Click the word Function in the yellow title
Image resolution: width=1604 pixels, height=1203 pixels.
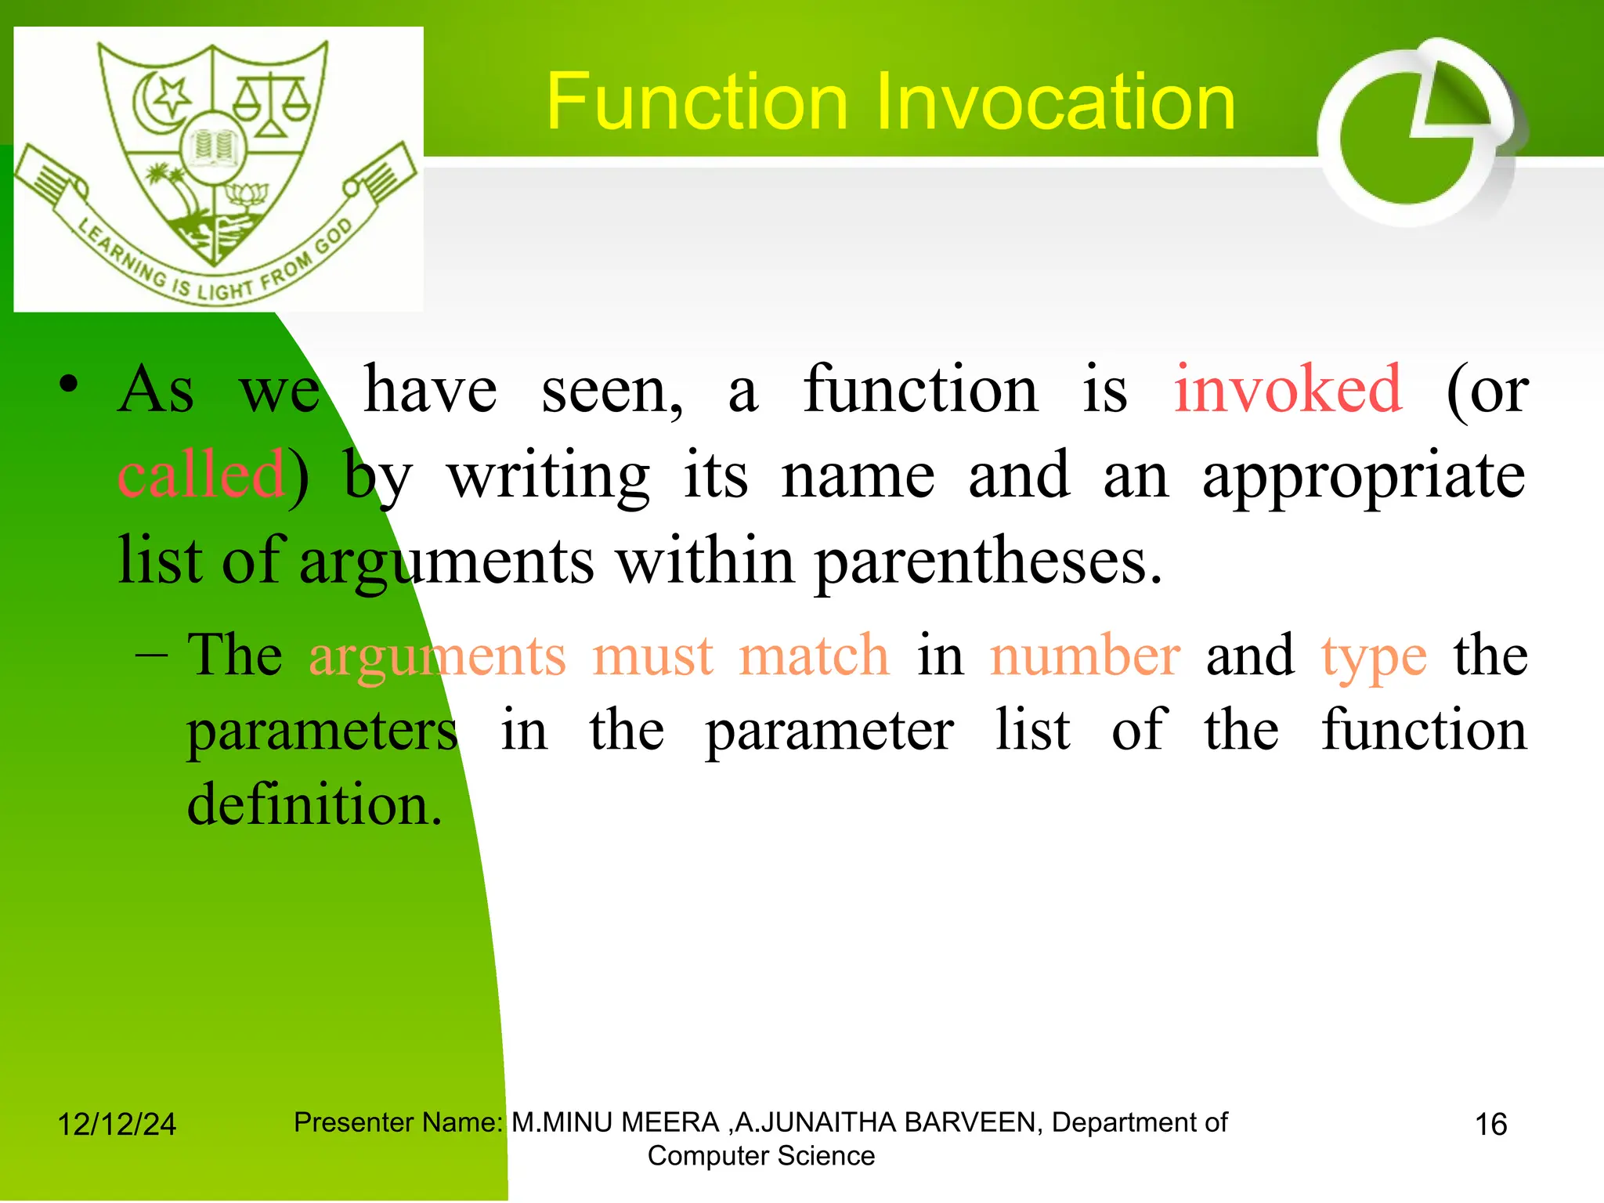tap(697, 102)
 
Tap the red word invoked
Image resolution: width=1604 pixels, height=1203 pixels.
tap(1288, 389)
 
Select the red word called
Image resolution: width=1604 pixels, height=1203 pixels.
tap(200, 475)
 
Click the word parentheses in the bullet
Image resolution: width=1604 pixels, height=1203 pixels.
tap(988, 562)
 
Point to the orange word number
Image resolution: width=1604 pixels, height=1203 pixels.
tap(1085, 656)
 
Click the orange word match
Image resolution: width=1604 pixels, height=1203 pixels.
tap(814, 656)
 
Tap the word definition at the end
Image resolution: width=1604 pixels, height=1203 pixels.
tap(314, 804)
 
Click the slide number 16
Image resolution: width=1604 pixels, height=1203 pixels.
tap(1490, 1125)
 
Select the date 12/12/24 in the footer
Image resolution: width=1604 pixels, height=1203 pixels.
tap(117, 1125)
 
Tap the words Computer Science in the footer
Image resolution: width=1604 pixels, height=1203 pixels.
tap(760, 1156)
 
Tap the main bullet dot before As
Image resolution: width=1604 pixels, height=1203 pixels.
tap(69, 385)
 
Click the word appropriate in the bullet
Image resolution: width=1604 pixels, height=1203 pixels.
tap(1364, 476)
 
